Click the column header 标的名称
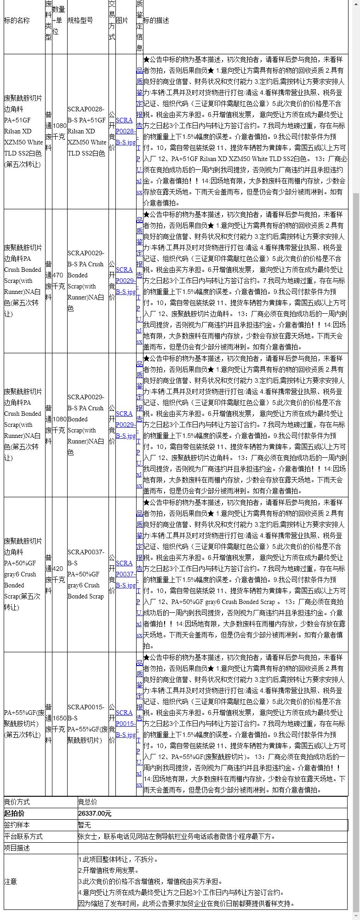tap(17, 21)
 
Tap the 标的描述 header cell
tap(156, 21)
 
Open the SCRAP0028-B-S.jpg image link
tap(125, 131)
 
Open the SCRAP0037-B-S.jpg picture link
tap(125, 574)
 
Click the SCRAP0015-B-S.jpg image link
tap(125, 724)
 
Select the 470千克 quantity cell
tap(58, 281)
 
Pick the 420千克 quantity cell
tap(58, 574)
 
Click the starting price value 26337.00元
tap(95, 813)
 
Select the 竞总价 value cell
tap(87, 802)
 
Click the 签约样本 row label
tap(17, 825)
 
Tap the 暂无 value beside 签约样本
tap(84, 825)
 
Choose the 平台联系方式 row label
tap(23, 836)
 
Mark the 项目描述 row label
tap(17, 848)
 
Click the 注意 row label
tap(11, 881)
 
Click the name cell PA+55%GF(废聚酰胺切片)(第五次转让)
tap(24, 724)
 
